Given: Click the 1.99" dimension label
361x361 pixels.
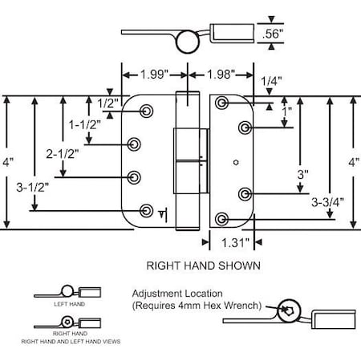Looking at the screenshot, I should click(152, 75).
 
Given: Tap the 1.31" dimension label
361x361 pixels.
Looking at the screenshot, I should click(234, 240).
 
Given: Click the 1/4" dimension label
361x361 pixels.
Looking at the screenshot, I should click(270, 80).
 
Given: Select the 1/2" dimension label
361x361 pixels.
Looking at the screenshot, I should click(107, 103).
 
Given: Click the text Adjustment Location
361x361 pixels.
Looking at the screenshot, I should click(178, 294).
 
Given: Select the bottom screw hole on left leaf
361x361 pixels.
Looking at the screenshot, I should click(146, 211).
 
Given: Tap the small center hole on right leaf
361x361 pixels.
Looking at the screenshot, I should click(235, 164).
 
